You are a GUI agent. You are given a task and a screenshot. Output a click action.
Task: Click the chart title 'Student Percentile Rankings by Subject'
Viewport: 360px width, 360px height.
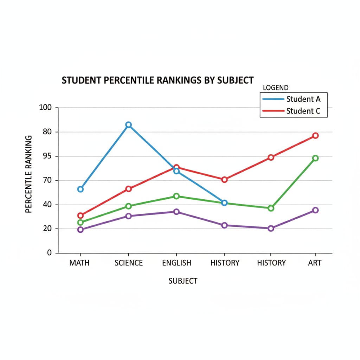tap(157, 80)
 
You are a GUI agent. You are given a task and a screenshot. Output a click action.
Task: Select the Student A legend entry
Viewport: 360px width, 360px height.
tap(303, 99)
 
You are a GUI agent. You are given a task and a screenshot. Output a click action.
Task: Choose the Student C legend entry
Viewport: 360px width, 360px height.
tap(303, 111)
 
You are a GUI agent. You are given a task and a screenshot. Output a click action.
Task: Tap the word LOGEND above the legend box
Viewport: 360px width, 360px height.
tap(276, 88)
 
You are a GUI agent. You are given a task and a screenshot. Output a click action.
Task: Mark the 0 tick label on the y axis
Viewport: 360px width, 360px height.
tap(50, 253)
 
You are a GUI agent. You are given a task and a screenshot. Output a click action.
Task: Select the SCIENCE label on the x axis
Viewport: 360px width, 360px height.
tap(129, 263)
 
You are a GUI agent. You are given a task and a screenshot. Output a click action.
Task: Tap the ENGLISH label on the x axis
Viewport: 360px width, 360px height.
tap(176, 263)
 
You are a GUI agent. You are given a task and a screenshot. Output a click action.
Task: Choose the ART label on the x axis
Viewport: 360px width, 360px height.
tap(315, 263)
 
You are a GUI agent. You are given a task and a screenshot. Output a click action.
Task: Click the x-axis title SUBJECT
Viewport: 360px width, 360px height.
tap(183, 281)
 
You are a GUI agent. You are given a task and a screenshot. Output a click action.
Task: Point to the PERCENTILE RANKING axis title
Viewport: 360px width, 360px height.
tap(29, 174)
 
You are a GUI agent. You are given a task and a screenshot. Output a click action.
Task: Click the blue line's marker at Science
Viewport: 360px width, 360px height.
tap(129, 125)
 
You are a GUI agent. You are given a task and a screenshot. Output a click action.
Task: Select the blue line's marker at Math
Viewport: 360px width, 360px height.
tap(81, 189)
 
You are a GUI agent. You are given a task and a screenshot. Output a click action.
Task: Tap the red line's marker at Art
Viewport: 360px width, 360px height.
tap(315, 136)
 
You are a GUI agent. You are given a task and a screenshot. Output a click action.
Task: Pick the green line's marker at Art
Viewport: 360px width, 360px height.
tap(315, 158)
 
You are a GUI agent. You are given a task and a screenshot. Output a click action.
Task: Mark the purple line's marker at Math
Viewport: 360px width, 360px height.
tap(81, 230)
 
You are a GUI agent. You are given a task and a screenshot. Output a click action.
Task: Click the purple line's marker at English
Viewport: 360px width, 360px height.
tap(176, 212)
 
